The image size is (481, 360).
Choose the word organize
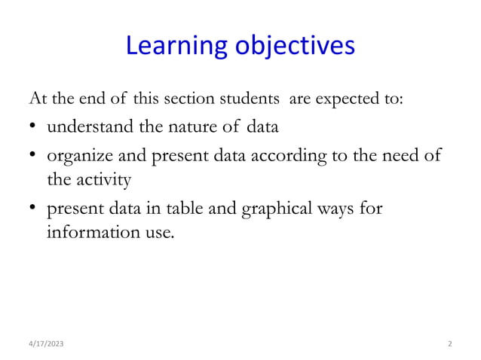pyautogui.click(x=77, y=157)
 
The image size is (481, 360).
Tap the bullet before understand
pyautogui.click(x=35, y=127)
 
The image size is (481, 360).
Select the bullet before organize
pyautogui.click(x=35, y=157)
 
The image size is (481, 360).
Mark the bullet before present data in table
pyautogui.click(x=35, y=209)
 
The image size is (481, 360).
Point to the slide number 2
pyautogui.click(x=449, y=343)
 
